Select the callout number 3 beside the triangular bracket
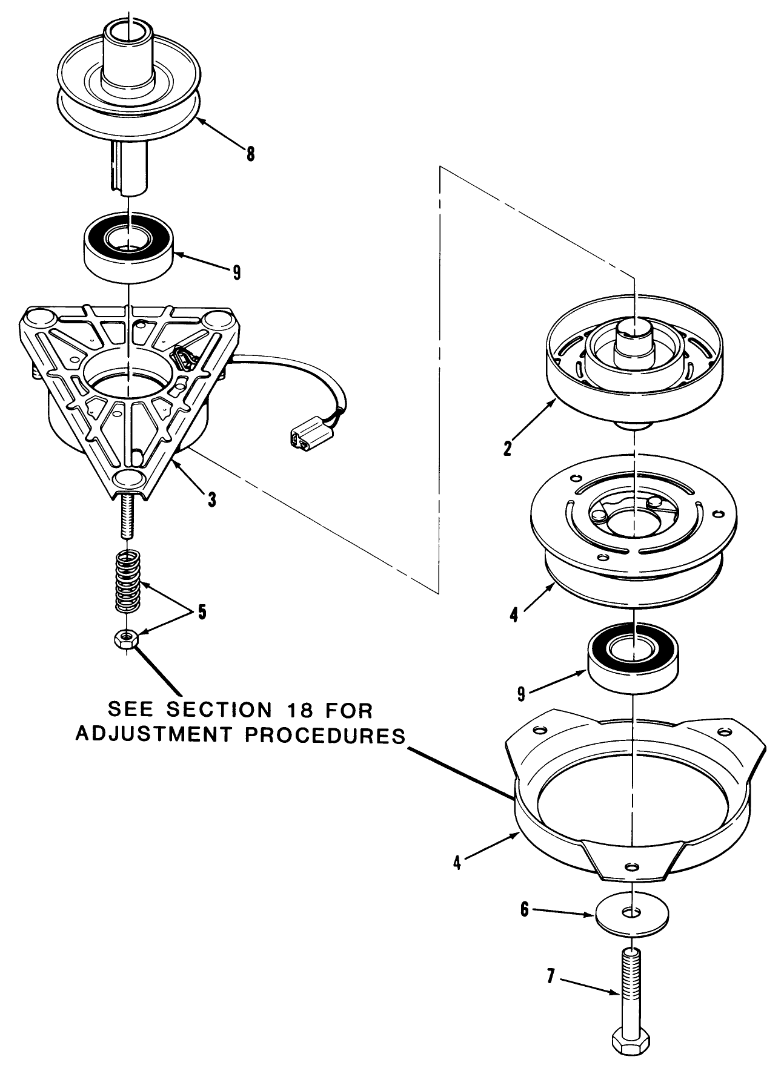[211, 499]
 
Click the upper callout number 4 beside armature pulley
[514, 616]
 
